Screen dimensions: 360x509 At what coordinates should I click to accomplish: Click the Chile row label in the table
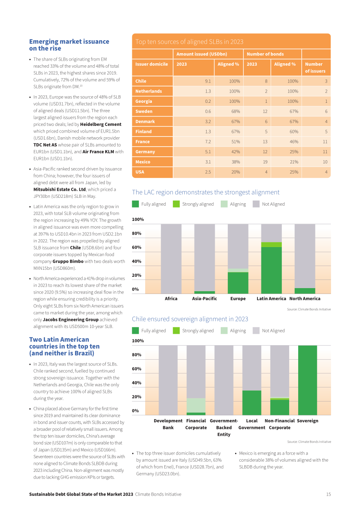pyautogui.click(x=141, y=81)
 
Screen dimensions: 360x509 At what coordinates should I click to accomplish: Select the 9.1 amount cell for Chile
pyautogui.click(x=208, y=81)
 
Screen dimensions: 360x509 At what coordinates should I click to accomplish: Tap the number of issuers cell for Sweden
pyautogui.click(x=326, y=111)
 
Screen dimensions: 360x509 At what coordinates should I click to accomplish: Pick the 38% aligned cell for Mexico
pyautogui.click(x=236, y=162)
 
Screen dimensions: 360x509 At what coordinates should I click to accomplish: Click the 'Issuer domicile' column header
pyautogui.click(x=151, y=64)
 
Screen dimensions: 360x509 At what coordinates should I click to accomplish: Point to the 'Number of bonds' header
pyautogui.click(x=265, y=54)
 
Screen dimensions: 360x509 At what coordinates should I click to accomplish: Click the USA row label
pyautogui.click(x=140, y=172)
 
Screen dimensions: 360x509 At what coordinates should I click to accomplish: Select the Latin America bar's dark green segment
pyautogui.click(x=271, y=270)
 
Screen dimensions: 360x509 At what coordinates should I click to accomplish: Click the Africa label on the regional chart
pyautogui.click(x=171, y=299)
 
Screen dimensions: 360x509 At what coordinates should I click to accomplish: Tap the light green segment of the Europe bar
pyautogui.click(x=238, y=271)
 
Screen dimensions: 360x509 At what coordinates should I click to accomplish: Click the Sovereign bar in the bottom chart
pyautogui.click(x=308, y=380)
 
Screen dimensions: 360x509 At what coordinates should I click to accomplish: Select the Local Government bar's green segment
pyautogui.click(x=252, y=403)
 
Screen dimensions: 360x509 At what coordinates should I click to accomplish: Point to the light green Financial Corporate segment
pyautogui.click(x=196, y=405)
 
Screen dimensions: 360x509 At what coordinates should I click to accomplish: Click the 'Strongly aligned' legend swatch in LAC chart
pyautogui.click(x=176, y=204)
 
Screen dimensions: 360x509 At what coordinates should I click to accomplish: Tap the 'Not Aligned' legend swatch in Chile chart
pyautogui.click(x=256, y=331)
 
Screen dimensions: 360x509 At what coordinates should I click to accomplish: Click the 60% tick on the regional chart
pyautogui.click(x=137, y=247)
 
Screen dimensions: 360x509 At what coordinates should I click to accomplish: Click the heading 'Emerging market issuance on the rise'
pyautogui.click(x=69, y=45)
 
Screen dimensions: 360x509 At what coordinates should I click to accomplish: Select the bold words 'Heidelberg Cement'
pyautogui.click(x=101, y=124)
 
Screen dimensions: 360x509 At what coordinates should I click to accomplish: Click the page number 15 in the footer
pyautogui.click(x=328, y=494)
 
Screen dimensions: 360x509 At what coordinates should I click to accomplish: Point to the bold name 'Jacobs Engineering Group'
pyautogui.click(x=70, y=319)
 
